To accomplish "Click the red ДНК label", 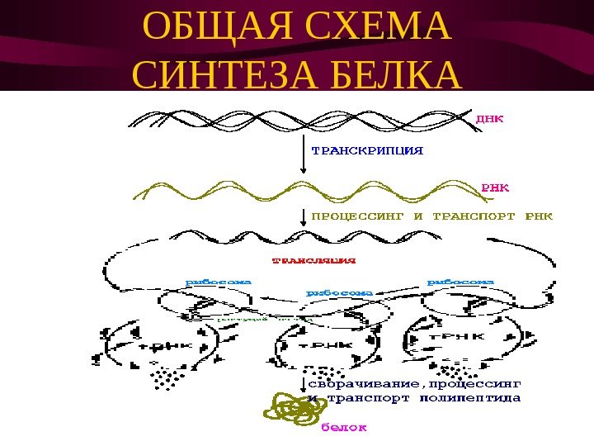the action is click(491, 118).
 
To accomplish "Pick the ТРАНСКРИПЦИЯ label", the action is click(367, 151).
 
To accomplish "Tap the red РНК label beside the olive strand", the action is click(495, 187).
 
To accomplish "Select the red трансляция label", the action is click(314, 261).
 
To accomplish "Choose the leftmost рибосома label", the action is click(219, 282).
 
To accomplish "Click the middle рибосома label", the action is click(339, 292).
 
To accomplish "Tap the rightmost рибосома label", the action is click(460, 282).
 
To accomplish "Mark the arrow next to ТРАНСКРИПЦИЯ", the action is click(304, 154).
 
